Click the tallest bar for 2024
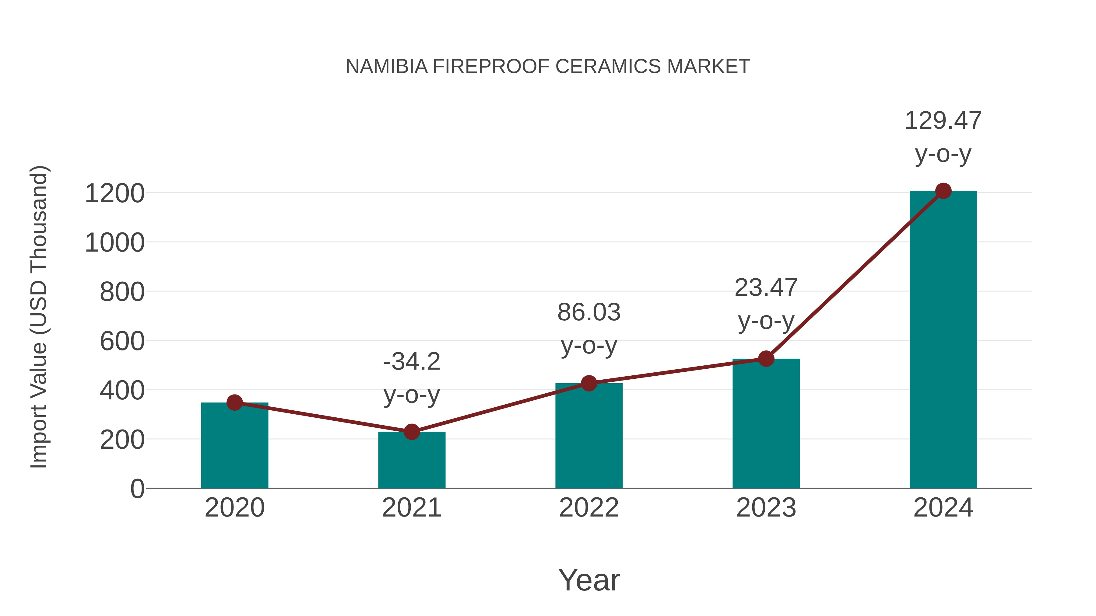pos(943,340)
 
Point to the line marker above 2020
pos(234,402)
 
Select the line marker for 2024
pos(943,191)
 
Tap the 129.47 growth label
pos(943,121)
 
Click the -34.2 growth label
pos(411,362)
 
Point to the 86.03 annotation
pos(589,312)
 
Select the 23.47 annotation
pos(766,288)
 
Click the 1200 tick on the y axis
pos(115,193)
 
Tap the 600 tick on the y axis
pos(122,341)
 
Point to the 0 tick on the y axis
pos(137,489)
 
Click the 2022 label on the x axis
pos(589,508)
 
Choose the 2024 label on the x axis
pos(943,508)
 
